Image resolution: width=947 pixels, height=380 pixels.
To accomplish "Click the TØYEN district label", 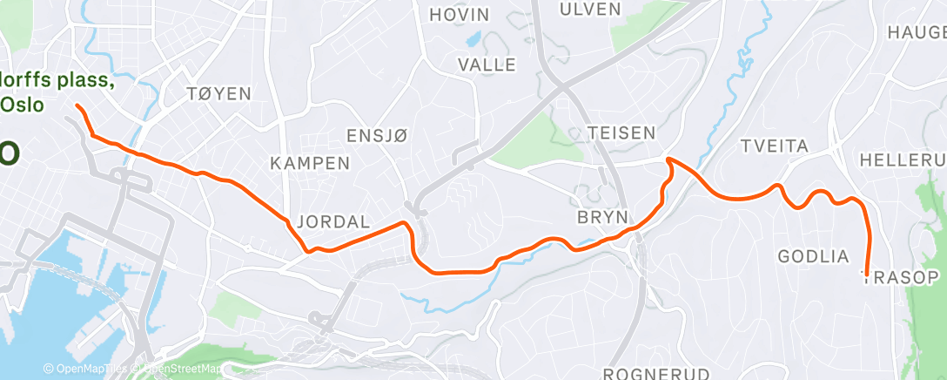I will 218,93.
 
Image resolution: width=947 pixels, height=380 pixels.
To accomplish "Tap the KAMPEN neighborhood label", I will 310,163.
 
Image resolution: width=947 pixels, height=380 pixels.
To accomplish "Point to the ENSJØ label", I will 377,135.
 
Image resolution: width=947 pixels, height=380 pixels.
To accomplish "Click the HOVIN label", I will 460,15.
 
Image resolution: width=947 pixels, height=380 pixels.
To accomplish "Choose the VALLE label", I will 487,64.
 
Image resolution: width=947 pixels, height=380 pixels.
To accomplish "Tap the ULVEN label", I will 591,10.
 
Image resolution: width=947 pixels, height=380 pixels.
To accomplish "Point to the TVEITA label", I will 774,145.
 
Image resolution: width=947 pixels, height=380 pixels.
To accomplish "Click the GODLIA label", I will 813,256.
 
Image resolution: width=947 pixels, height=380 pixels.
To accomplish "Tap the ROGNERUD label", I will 646,373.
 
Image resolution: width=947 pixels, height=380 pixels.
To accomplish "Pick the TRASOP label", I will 901,278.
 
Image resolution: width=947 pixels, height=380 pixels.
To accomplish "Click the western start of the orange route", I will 77,105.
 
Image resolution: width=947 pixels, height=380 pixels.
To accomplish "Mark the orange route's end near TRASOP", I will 867,275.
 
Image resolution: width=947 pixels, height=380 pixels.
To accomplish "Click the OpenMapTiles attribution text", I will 87,370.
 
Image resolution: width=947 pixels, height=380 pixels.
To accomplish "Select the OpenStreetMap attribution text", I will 182,370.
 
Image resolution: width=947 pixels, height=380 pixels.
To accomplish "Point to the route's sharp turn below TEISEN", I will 668,159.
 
